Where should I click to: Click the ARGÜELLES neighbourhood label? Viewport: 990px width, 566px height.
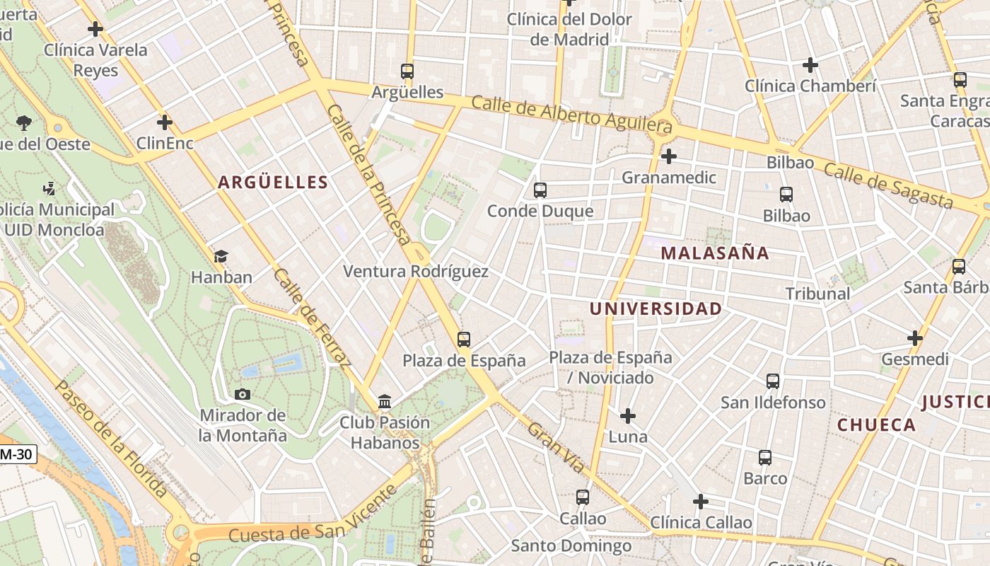[273, 183]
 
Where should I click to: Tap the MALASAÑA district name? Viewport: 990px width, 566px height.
[714, 253]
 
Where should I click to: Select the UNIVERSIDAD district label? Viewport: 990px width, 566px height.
[656, 308]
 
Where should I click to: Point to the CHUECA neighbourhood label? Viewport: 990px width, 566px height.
[876, 425]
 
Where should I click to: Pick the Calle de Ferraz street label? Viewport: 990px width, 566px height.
[312, 318]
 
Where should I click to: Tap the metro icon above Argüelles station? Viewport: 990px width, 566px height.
[407, 71]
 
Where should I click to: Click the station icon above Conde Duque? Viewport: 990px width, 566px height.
[540, 190]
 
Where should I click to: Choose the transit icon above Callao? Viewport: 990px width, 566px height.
[583, 497]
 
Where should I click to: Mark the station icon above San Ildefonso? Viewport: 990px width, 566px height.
[773, 381]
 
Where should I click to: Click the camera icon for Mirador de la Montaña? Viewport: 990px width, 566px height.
[243, 394]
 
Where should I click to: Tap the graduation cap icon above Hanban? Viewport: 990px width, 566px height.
[221, 256]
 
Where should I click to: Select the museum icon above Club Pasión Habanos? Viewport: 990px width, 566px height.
[385, 402]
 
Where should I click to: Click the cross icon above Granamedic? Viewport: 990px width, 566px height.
[669, 156]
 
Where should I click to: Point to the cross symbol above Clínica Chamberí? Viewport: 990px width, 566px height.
[810, 66]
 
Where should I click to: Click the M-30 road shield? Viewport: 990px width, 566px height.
[16, 454]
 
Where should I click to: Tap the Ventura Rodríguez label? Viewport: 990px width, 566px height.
[416, 271]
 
